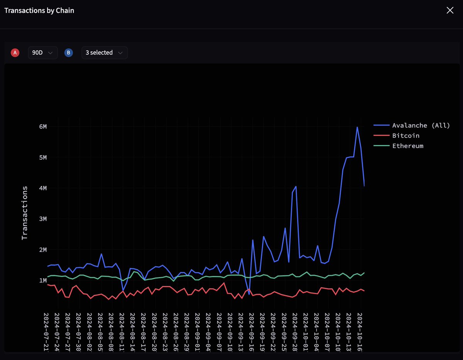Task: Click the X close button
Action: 450,10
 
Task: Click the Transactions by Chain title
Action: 39,10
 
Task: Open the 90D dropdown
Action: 42,52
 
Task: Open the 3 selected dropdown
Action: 104,52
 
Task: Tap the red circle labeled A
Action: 15,53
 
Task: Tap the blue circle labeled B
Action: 69,53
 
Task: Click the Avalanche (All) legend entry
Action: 421,125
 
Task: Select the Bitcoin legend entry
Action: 406,136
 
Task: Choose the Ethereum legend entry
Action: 407,146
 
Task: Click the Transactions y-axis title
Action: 25,213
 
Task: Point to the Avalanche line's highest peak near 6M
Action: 357,127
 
